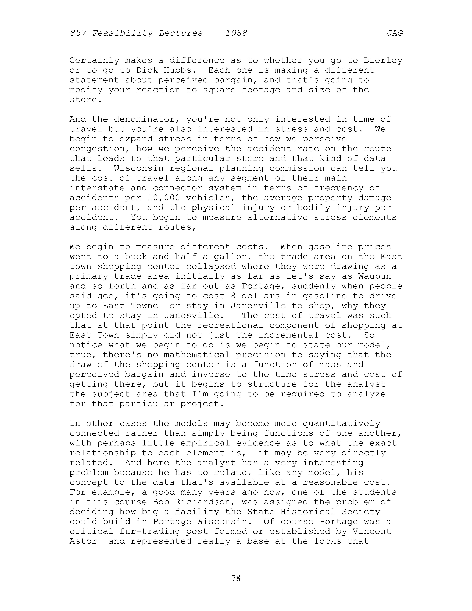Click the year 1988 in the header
236,33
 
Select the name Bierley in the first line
383,60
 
